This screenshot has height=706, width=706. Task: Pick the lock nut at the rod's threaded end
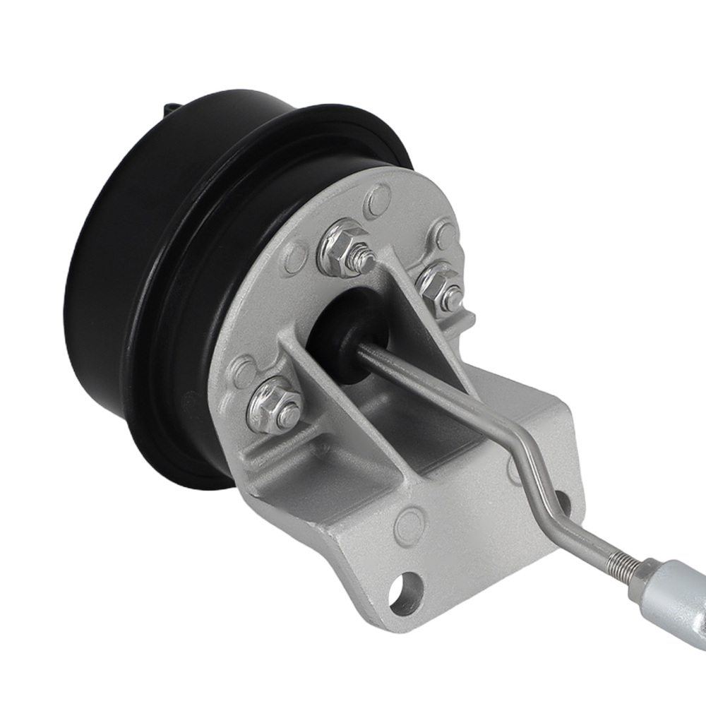point(643,573)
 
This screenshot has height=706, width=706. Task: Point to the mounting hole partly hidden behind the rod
point(561,503)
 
